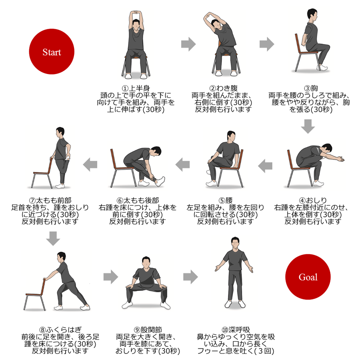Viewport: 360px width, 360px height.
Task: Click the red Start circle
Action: tap(52, 52)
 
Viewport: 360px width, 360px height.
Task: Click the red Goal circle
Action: tap(308, 277)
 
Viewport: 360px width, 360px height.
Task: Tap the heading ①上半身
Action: tap(136, 88)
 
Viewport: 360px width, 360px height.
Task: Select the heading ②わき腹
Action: tap(223, 88)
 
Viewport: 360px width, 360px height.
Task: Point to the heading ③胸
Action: tap(311, 88)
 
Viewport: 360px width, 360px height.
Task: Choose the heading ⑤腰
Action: tap(226, 200)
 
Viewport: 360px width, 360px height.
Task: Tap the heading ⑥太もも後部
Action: tap(138, 200)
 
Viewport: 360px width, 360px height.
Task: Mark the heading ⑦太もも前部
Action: tap(50, 200)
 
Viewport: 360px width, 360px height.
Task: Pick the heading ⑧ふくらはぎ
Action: tap(60, 330)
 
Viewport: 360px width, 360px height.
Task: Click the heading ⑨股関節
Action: tap(148, 330)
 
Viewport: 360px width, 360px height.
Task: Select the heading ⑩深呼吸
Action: tap(236, 330)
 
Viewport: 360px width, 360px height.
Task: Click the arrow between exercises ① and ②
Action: tap(188, 44)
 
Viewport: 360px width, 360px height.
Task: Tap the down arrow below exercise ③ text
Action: tap(308, 126)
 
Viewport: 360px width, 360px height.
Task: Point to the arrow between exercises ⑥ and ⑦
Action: tap(90, 164)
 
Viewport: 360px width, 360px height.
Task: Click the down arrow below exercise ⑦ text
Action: tap(53, 238)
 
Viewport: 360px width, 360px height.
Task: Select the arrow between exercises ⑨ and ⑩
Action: tap(190, 277)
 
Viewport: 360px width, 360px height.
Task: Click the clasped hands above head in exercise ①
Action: tap(136, 13)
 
